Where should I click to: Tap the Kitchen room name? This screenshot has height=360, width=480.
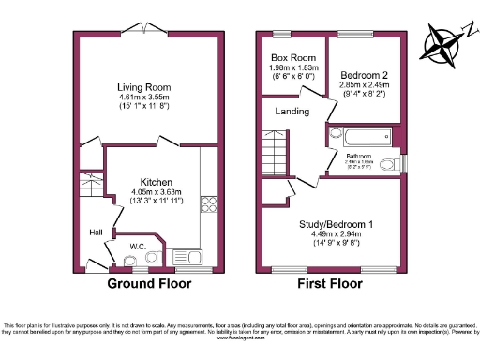point(157,183)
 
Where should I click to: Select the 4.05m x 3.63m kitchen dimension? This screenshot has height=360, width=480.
point(157,193)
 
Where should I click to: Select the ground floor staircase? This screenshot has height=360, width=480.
point(90,187)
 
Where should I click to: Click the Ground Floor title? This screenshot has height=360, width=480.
point(149,283)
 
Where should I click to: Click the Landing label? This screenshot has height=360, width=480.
point(292,112)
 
